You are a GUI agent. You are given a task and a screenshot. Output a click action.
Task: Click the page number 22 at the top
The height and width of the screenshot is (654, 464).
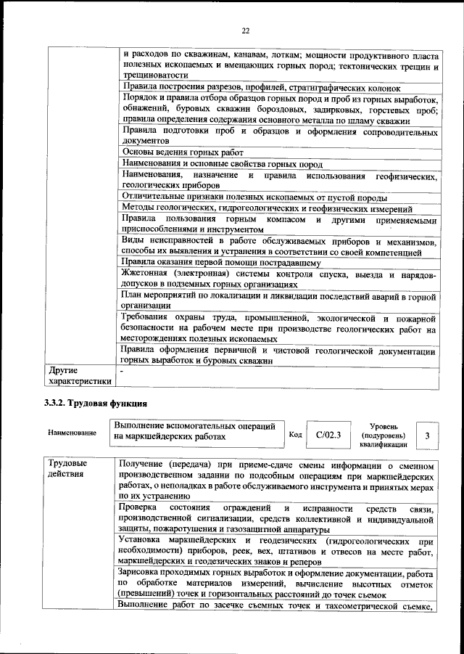[244, 30]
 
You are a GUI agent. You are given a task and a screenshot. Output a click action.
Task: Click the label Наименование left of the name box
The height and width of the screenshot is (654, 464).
[72, 433]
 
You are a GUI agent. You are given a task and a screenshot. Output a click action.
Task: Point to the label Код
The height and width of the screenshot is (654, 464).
[295, 434]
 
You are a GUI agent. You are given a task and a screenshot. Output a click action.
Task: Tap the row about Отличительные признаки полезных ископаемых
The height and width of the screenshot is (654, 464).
[254, 197]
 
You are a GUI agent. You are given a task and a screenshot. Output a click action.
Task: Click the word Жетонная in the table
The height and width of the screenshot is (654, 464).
[145, 274]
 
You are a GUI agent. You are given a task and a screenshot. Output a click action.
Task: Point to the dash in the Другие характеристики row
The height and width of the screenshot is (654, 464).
[121, 370]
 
